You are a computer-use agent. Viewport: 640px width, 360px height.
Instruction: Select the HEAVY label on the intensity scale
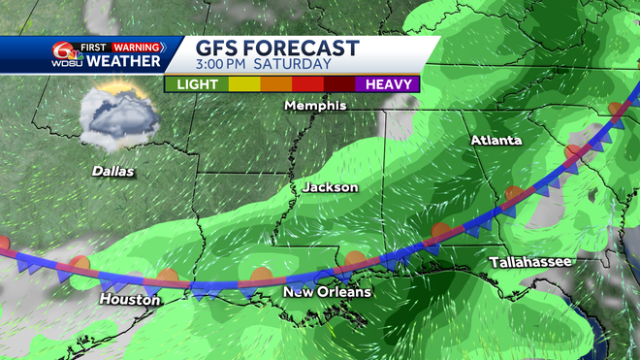coord(388,84)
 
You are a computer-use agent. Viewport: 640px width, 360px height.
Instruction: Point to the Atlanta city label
coord(496,141)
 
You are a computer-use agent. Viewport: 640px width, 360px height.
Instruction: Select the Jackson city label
coord(330,186)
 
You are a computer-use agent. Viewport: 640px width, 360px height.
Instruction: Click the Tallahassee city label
coord(529,262)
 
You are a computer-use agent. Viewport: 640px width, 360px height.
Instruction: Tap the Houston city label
coord(130,300)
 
